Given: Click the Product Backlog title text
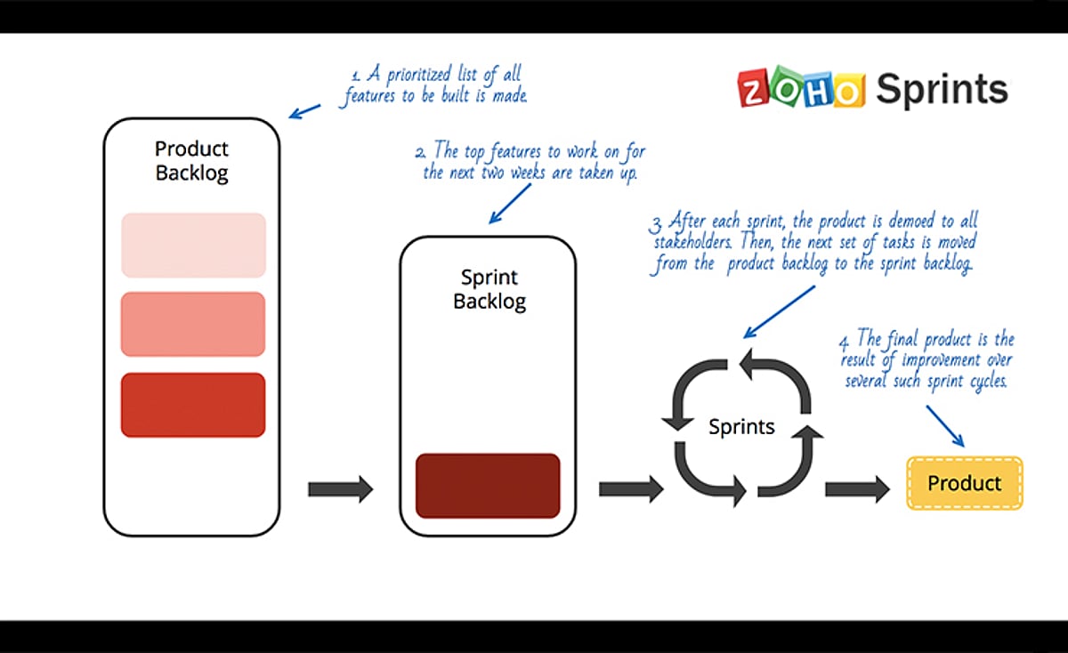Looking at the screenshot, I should point(191,161).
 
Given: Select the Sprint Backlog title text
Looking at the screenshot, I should point(489,289).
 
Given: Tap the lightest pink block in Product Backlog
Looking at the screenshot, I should point(193,246).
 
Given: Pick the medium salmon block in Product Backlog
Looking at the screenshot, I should point(193,324).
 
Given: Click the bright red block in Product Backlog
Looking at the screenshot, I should point(193,405).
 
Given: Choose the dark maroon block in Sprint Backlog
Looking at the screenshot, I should point(488,486).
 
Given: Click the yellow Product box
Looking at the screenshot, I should point(965,483).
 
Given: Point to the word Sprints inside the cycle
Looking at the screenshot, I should point(741,427).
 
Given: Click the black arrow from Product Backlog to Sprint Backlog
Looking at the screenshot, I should point(340,488).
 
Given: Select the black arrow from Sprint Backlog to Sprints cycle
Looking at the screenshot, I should point(631,488).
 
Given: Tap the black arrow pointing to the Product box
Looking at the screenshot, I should point(857,488).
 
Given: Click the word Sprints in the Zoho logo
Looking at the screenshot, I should point(942,90).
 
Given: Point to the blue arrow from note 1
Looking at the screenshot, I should point(305,111).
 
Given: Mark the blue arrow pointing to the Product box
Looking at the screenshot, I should point(944,426).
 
